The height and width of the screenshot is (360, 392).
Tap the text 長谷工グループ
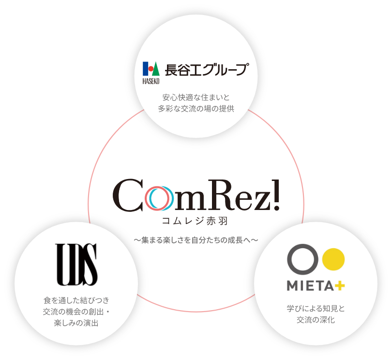(206, 70)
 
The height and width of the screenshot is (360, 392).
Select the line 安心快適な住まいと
(196, 97)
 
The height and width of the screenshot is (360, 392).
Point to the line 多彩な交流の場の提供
(196, 109)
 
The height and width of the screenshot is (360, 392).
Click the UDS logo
(77, 264)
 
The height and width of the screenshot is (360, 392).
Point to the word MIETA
(310, 286)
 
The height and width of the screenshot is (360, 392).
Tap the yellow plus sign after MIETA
(340, 286)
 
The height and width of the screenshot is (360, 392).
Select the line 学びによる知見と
(316, 308)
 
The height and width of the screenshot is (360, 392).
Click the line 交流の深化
(316, 320)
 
